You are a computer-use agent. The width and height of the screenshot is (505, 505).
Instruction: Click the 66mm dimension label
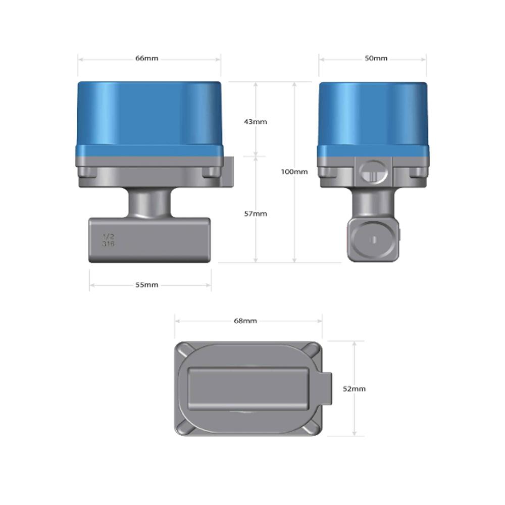[x=146, y=58]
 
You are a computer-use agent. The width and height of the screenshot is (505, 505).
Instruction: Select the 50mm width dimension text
[x=376, y=58]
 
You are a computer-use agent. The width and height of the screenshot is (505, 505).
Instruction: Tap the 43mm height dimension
[x=255, y=122]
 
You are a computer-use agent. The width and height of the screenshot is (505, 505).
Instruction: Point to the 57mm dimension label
[x=255, y=214]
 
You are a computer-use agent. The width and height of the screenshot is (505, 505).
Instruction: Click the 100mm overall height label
[x=294, y=172]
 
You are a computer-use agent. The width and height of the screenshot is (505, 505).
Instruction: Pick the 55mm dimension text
[x=146, y=285]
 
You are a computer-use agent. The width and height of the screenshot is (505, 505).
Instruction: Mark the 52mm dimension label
[x=354, y=388]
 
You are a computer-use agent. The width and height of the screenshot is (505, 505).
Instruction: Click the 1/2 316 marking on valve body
[x=109, y=240]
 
